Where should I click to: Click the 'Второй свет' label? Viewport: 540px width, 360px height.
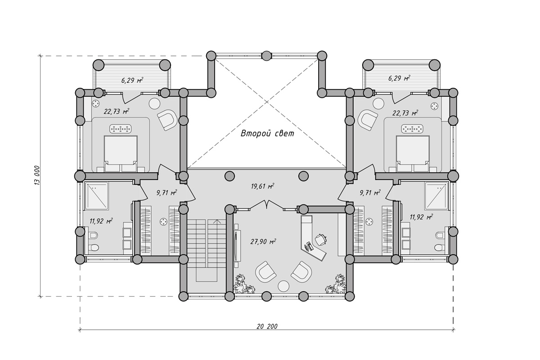click(267, 133)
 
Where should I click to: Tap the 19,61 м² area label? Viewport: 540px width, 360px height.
click(262, 186)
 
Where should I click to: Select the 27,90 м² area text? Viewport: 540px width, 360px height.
click(263, 242)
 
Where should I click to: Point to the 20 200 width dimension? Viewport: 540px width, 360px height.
click(267, 327)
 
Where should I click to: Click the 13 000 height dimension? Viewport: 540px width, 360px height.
click(37, 175)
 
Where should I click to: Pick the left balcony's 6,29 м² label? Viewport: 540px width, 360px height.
click(132, 80)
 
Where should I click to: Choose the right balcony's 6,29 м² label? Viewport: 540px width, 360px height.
click(400, 79)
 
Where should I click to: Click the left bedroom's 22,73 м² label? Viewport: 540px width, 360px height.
click(117, 112)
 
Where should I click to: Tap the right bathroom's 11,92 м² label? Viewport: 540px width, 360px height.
click(421, 217)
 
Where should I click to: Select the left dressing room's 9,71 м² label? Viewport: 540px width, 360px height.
click(167, 193)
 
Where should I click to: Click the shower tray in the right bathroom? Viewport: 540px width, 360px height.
click(436, 196)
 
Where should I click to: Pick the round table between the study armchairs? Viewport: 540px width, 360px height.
click(283, 286)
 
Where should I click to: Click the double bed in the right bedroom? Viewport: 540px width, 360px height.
click(413, 154)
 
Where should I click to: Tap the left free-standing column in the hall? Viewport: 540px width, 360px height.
click(229, 176)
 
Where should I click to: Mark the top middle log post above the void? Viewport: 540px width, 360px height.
click(266, 56)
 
